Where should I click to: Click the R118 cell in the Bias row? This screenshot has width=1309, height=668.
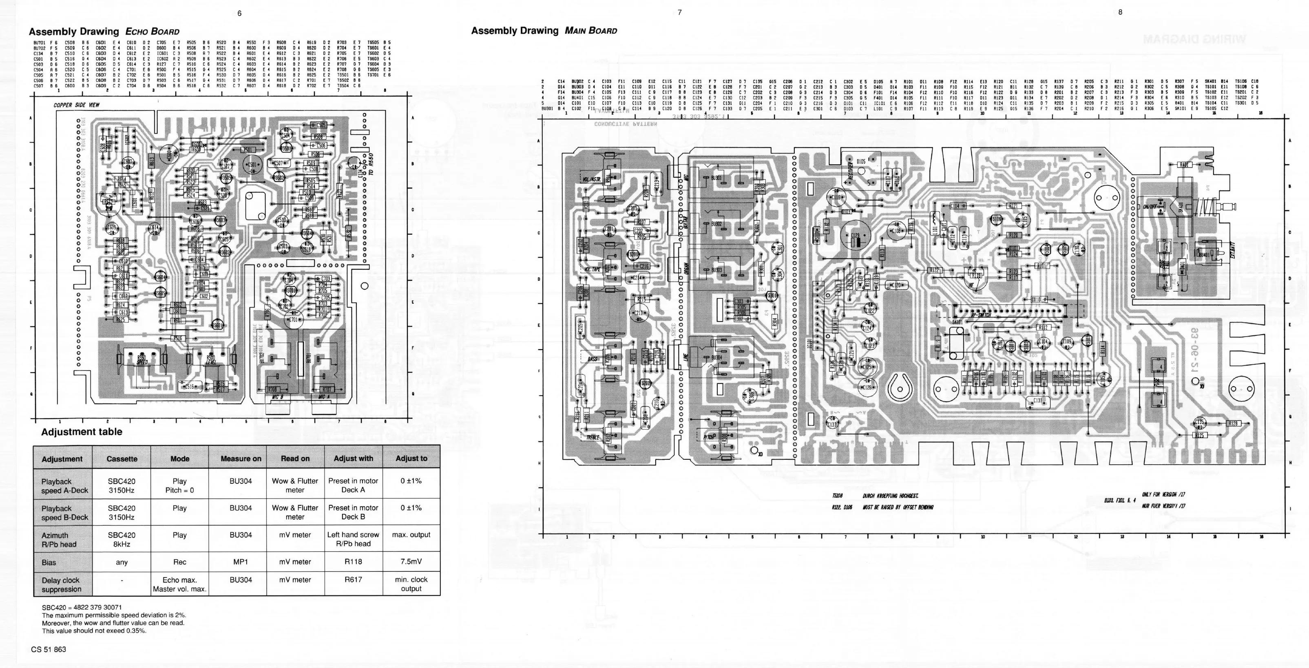click(x=353, y=562)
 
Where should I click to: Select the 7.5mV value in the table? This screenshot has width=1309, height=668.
click(x=411, y=562)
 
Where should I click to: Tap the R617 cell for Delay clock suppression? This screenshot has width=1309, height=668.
click(x=353, y=580)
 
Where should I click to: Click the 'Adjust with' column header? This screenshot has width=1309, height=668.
click(x=353, y=458)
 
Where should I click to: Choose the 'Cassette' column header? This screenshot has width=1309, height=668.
click(x=122, y=459)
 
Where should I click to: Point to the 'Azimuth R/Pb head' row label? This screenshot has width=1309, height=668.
click(x=59, y=540)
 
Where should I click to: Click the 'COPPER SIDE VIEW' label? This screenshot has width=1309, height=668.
click(x=77, y=105)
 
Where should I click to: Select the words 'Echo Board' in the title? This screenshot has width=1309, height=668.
click(x=152, y=31)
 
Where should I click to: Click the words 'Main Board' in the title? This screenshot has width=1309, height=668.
click(x=591, y=31)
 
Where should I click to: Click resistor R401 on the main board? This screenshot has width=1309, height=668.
click(x=1184, y=165)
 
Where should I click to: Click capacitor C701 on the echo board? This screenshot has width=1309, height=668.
click(x=293, y=320)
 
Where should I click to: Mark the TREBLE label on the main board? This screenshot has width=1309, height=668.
click(x=593, y=437)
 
